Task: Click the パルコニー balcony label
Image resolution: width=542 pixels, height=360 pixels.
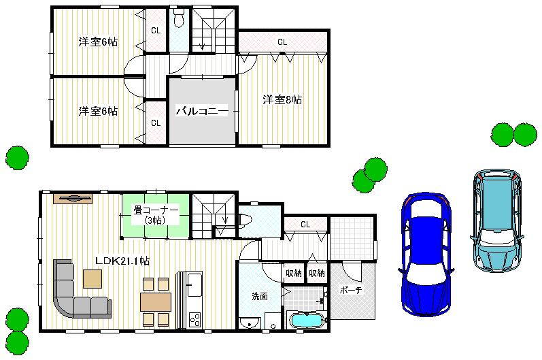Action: pyautogui.click(x=202, y=110)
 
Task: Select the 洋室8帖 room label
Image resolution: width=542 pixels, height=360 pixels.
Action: pyautogui.click(x=282, y=100)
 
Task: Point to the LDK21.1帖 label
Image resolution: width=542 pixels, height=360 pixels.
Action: pyautogui.click(x=122, y=261)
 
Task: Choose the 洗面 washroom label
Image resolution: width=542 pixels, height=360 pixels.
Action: pyautogui.click(x=259, y=296)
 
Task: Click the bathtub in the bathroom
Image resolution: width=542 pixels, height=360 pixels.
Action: pyautogui.click(x=308, y=320)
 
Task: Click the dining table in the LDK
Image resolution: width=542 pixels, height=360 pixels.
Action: pyautogui.click(x=156, y=301)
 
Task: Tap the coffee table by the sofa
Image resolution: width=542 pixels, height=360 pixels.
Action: pyautogui.click(x=92, y=278)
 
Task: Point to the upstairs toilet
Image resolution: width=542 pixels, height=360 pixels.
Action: pyautogui.click(x=179, y=19)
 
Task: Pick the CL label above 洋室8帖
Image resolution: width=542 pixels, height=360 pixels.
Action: pyautogui.click(x=282, y=42)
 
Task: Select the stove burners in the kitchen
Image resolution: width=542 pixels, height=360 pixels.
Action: pyautogui.click(x=194, y=318)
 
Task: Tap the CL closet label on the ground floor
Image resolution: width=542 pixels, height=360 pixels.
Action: pyautogui.click(x=305, y=225)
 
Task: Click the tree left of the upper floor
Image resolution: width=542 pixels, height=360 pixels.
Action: pyautogui.click(x=17, y=158)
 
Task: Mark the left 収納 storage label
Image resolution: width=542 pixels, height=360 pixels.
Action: pyautogui.click(x=294, y=274)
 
